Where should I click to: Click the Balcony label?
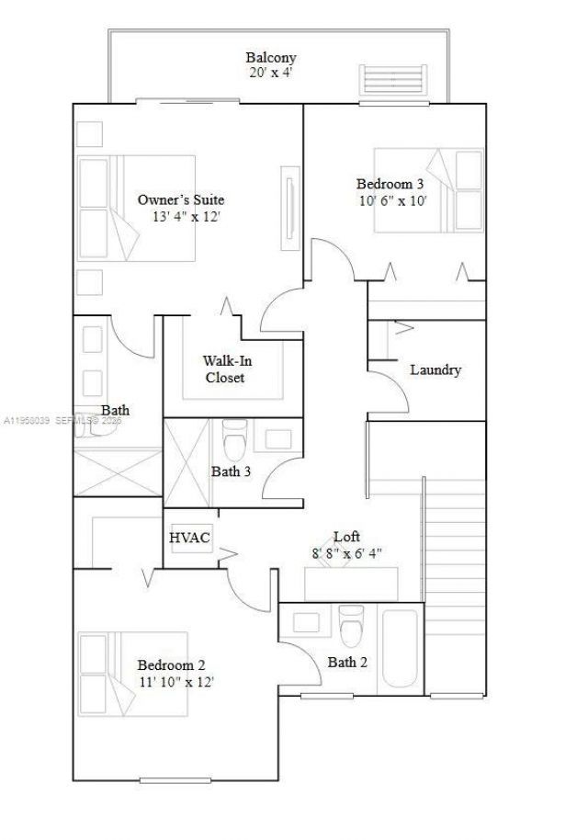(x=270, y=57)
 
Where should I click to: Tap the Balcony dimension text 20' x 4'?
(x=272, y=72)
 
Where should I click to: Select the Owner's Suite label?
(x=181, y=199)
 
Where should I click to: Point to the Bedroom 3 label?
(x=390, y=183)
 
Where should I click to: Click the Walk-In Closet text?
(x=225, y=369)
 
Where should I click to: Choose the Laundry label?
(x=435, y=370)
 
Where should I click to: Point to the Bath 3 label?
(x=232, y=472)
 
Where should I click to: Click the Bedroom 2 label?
(x=171, y=665)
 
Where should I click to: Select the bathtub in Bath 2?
(x=400, y=647)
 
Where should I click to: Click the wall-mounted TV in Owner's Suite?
(x=290, y=197)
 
